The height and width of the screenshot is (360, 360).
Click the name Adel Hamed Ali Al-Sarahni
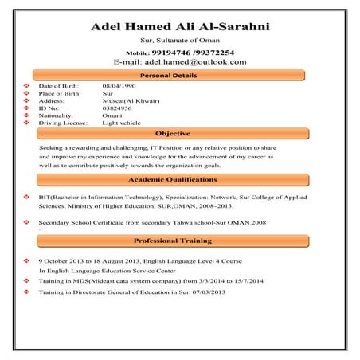180,27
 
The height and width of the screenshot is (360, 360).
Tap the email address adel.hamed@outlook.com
200,61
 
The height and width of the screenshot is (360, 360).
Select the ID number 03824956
118,108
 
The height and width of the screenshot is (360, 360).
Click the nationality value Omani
112,115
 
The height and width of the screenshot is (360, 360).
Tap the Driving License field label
65,123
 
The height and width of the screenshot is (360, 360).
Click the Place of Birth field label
61,93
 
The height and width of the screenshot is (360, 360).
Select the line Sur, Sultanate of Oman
180,40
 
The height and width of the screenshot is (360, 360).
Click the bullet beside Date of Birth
27,85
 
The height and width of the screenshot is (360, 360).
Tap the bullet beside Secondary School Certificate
27,223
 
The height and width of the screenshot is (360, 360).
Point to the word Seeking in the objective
51,148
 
